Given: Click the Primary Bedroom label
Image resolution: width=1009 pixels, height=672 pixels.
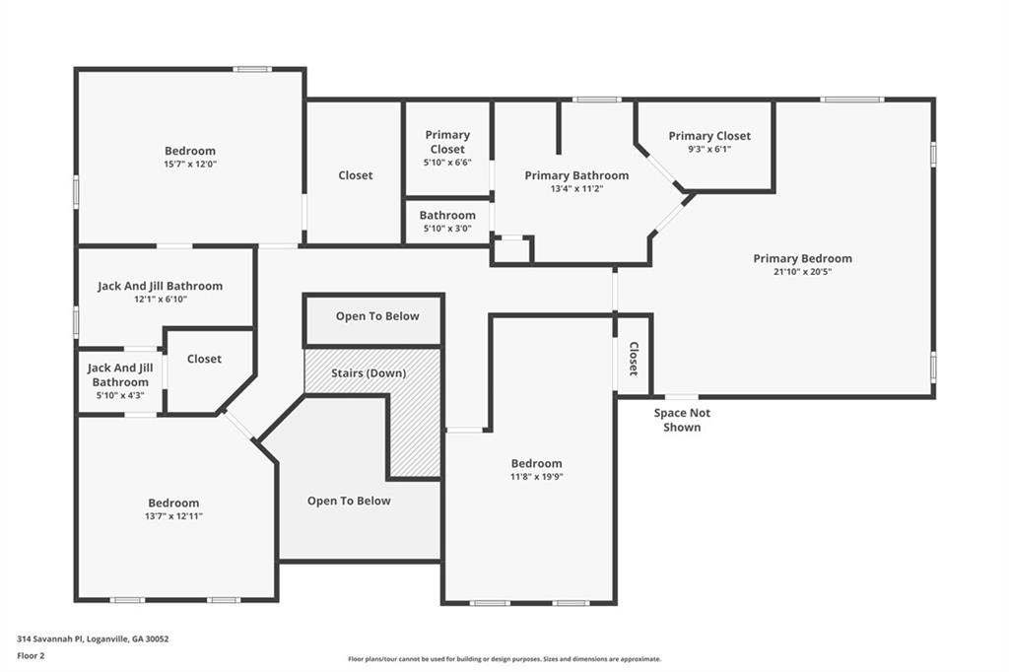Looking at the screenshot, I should (802, 258).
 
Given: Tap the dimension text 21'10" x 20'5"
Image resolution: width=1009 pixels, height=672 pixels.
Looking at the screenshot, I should (802, 272).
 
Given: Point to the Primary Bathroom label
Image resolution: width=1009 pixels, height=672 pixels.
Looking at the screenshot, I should (576, 175).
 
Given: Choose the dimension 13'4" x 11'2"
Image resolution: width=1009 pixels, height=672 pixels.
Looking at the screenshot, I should (576, 188).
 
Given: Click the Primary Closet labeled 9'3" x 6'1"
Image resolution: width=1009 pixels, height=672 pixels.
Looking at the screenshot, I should (709, 142).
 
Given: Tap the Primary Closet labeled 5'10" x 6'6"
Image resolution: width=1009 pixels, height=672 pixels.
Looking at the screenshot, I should (447, 148).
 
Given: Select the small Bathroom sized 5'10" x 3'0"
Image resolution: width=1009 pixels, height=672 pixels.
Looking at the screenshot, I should (447, 221).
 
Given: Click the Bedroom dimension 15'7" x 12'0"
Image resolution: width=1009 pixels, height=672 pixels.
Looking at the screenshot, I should (190, 165).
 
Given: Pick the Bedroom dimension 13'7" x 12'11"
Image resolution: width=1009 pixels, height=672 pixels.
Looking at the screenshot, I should (173, 516).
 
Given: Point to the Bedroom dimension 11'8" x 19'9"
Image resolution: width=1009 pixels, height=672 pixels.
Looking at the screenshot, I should (536, 477).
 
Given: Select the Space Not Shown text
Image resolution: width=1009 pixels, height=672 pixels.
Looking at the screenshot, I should (682, 420).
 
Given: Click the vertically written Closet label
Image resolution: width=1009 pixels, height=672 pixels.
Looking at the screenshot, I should (634, 359).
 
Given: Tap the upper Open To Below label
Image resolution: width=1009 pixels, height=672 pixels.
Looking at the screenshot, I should (376, 316).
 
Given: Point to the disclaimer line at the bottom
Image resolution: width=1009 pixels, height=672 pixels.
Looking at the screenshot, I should (504, 659).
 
